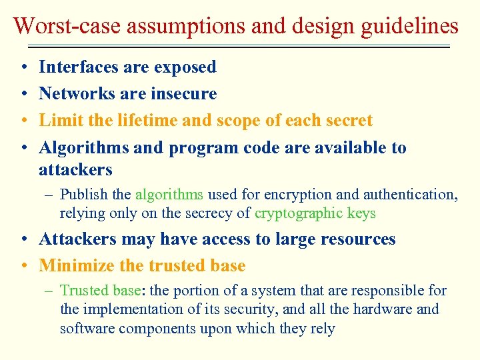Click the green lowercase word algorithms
169,195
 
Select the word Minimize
77,266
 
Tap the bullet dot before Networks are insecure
23,94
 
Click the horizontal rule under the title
240,47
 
